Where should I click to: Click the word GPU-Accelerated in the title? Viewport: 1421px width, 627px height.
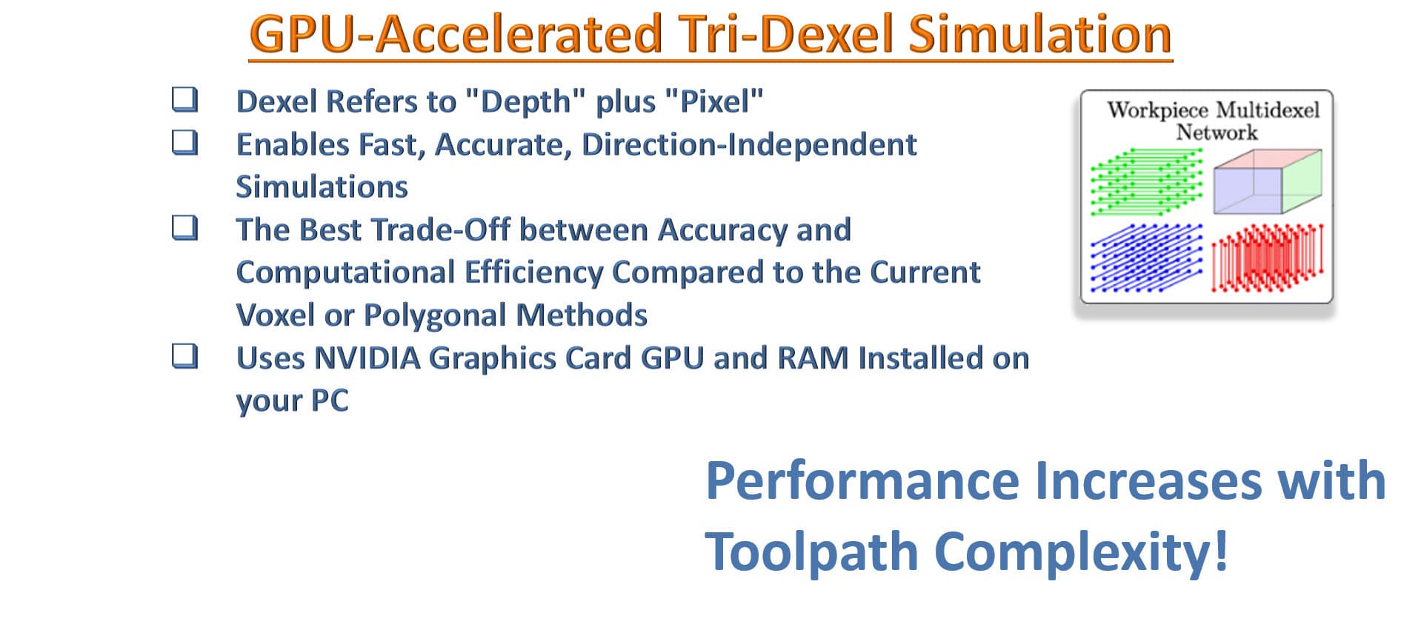456,35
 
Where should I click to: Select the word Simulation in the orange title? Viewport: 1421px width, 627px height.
1040,34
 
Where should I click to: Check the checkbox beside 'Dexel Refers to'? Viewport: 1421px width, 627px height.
185,99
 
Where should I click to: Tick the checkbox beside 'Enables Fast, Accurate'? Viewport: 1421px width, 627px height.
185,142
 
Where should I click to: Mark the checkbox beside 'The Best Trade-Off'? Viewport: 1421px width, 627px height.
185,228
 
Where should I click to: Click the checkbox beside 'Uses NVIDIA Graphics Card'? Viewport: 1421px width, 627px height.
185,356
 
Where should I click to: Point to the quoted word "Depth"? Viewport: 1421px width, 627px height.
526,101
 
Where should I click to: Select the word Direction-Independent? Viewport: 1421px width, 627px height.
749,144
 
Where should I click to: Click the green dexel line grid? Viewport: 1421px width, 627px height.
1146,181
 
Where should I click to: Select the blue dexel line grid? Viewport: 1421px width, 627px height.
1146,258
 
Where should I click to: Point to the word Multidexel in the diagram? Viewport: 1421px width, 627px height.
1266,110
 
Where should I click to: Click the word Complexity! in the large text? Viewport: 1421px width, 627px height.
1082,551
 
